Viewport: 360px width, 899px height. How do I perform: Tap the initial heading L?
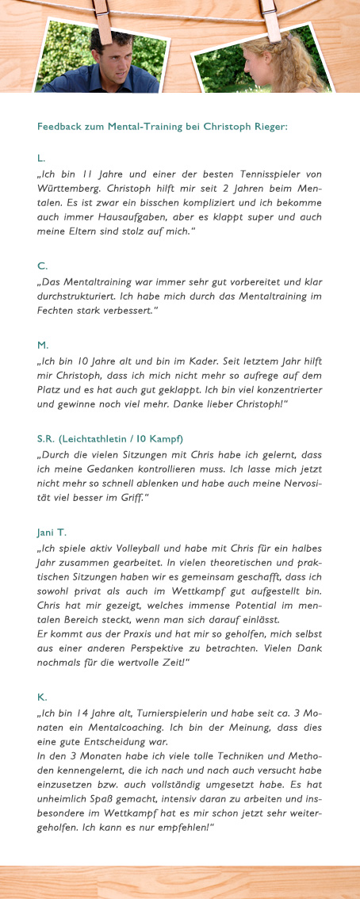click(41, 159)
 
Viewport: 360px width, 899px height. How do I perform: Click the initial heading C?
click(42, 266)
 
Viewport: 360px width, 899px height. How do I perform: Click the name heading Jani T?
click(50, 532)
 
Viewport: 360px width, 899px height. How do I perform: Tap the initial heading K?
click(42, 697)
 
